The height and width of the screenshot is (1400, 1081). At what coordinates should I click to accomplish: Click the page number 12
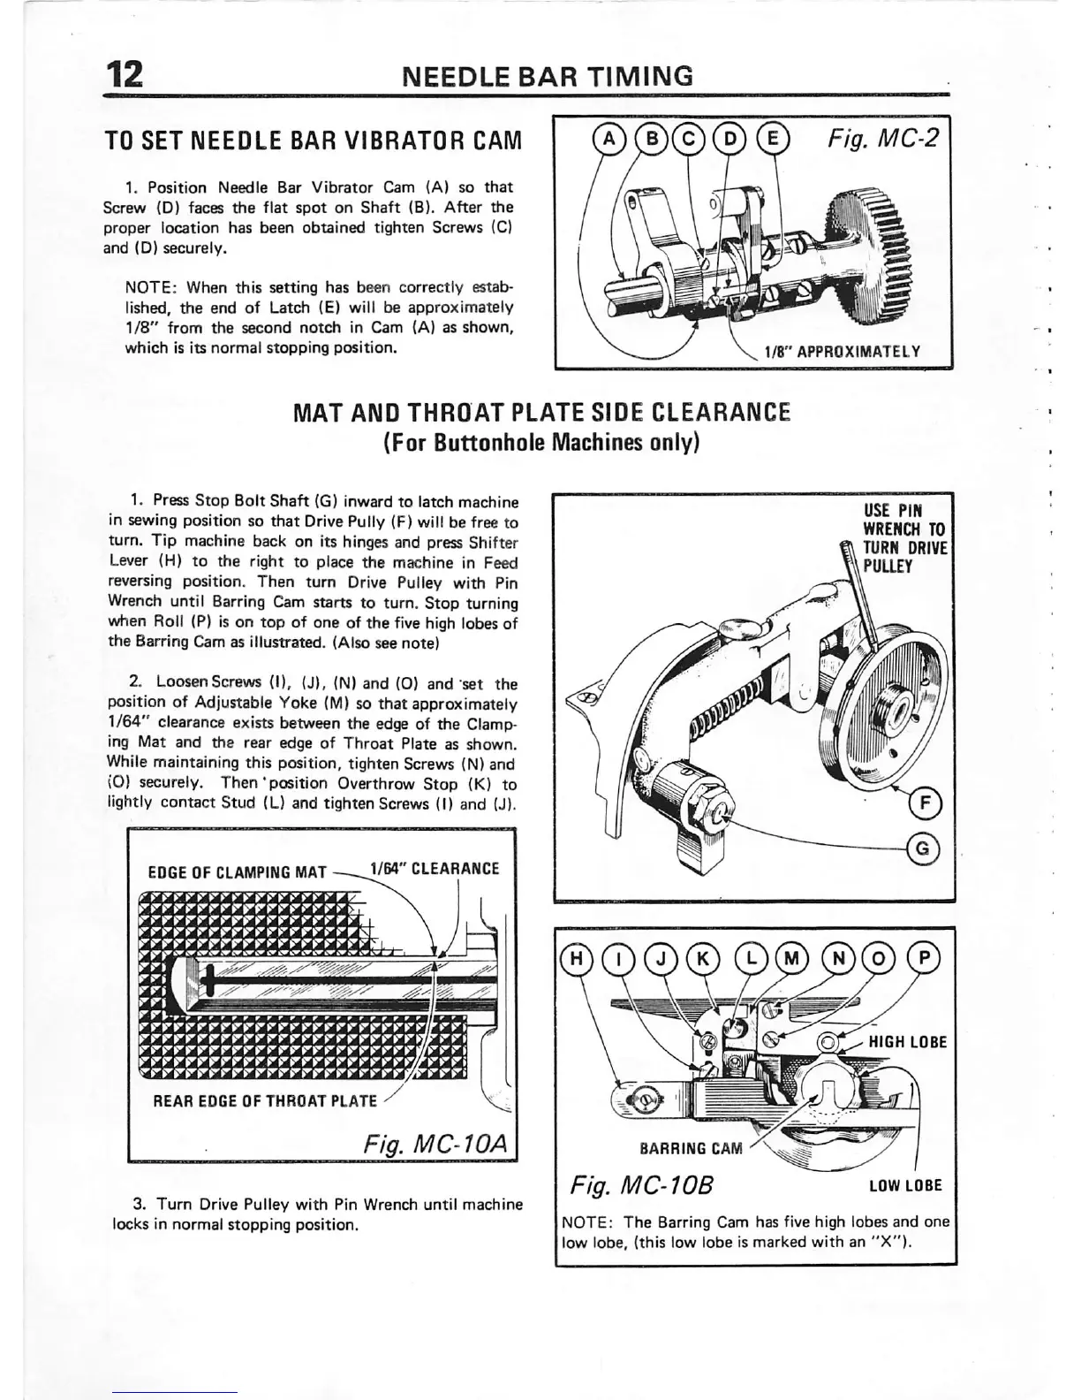point(122,76)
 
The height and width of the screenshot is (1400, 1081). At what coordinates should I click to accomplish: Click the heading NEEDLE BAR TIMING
point(548,76)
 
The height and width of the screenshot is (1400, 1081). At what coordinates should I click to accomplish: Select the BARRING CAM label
point(691,1149)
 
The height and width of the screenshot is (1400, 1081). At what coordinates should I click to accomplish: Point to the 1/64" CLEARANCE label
point(435,869)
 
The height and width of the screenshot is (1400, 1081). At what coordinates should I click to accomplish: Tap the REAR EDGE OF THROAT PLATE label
point(265,1101)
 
